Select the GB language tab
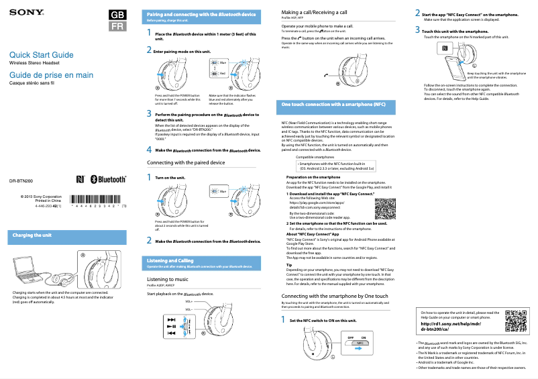[x=117, y=15]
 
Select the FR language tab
[x=117, y=27]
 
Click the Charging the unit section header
[x=32, y=235]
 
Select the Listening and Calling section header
[x=170, y=260]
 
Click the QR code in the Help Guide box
[x=515, y=321]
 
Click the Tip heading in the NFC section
[x=289, y=265]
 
